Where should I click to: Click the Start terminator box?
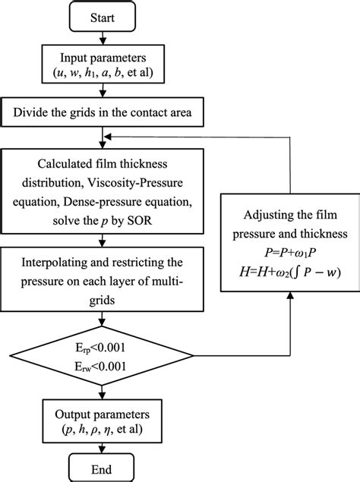coord(102,17)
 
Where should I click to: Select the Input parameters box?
coord(102,65)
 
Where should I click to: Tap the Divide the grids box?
coord(102,115)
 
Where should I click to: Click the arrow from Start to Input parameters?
coord(102,37)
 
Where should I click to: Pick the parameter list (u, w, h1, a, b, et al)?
coord(102,74)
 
